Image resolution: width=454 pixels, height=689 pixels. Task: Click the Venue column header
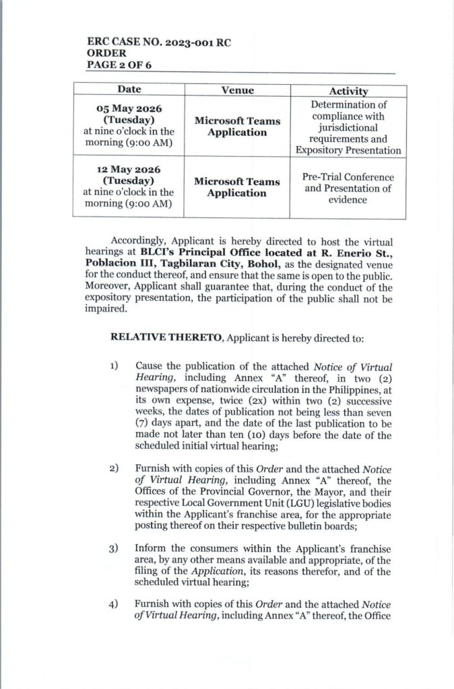click(x=236, y=90)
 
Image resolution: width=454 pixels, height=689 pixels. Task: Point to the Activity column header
click(x=348, y=91)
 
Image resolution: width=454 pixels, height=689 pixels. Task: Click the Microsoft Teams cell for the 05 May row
click(x=236, y=126)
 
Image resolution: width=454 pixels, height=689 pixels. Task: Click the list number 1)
click(x=115, y=365)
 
